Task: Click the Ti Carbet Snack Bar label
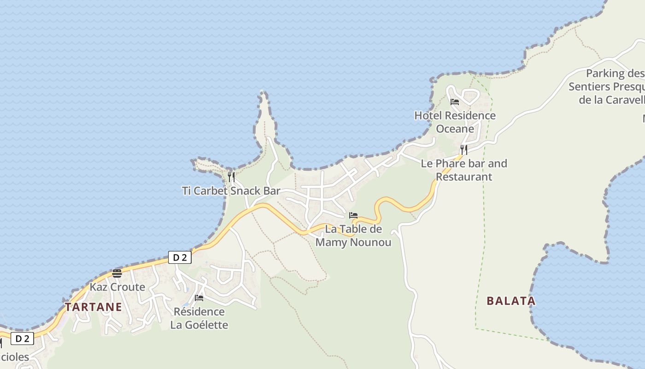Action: [231, 190]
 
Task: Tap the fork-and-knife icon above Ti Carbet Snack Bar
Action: [231, 177]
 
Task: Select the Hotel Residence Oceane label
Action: [455, 122]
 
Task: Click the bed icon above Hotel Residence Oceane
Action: [455, 102]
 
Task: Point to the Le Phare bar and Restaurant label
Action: [464, 170]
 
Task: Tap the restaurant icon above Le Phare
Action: [464, 150]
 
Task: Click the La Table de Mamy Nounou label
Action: [353, 235]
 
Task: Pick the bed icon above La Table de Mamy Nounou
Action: [353, 215]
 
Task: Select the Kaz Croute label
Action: [117, 287]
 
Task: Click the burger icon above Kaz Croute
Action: [117, 274]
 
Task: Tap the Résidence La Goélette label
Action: [199, 318]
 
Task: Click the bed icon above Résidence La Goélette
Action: [199, 298]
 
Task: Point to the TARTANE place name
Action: [94, 307]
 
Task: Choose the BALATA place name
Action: [511, 301]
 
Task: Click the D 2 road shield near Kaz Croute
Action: [180, 257]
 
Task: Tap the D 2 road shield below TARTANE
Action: [22, 339]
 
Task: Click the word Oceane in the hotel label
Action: [455, 129]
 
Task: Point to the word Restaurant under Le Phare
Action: [464, 177]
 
